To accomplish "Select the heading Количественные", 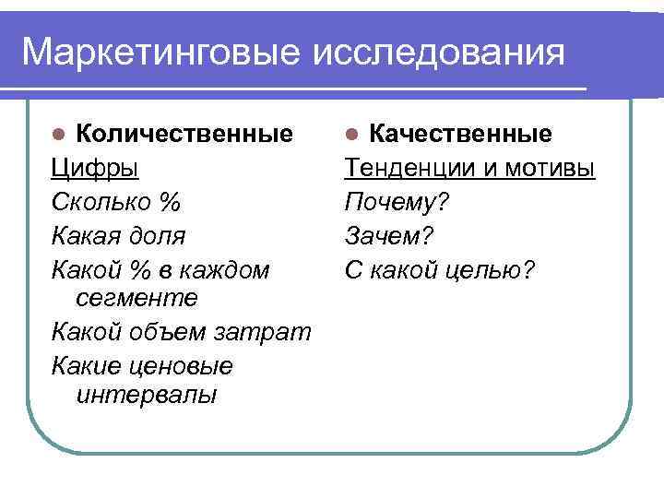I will (x=184, y=135).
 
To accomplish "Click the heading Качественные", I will (x=461, y=135).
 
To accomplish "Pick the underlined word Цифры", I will (x=95, y=170).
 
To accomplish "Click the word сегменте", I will (x=133, y=298).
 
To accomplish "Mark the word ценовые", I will (x=179, y=366).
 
